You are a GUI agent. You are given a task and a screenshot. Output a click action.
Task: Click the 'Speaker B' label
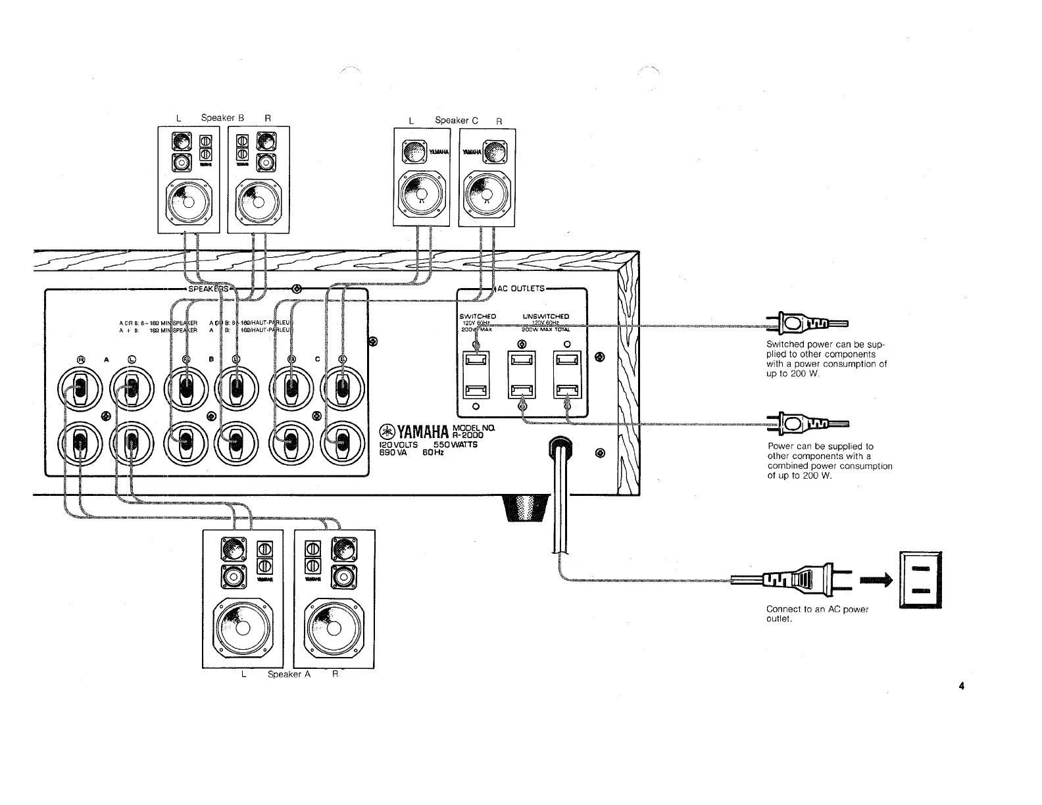pos(222,118)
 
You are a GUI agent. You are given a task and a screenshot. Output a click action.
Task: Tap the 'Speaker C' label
pos(456,120)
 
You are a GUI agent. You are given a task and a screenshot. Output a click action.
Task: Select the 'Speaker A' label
pos(289,674)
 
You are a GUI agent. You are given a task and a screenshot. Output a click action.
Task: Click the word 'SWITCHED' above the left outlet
pos(478,316)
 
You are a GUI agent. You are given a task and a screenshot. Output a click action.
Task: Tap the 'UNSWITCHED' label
pos(545,316)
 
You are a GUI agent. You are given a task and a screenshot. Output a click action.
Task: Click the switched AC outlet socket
pos(476,375)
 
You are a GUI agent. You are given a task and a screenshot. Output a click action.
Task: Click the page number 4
pos(961,687)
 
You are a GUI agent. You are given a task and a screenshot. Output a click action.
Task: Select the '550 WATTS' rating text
pos(455,445)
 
